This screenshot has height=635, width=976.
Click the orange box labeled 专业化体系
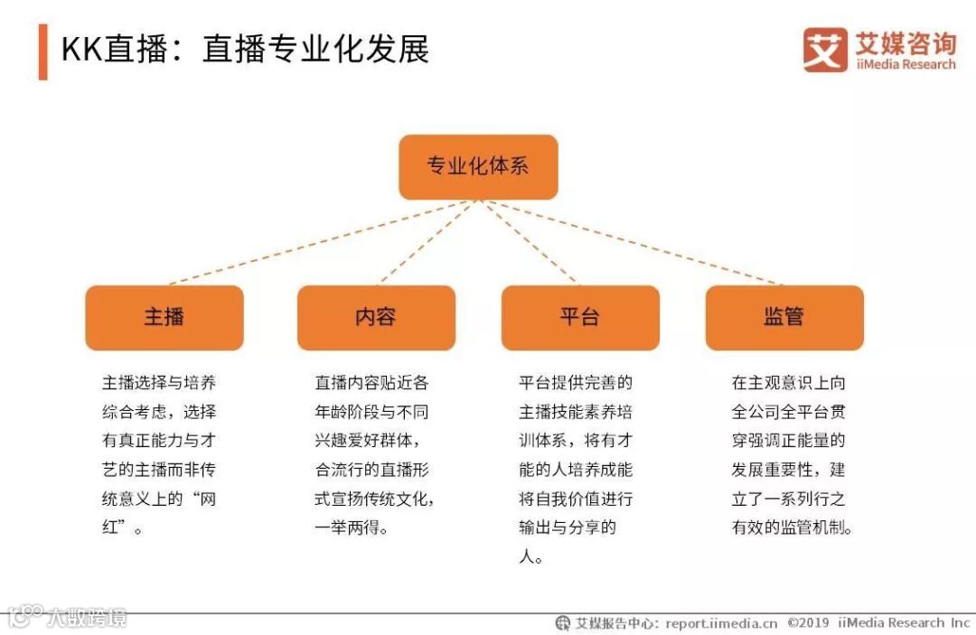tap(478, 167)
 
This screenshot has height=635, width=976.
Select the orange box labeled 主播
tap(164, 317)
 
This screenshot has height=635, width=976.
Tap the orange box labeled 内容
tap(376, 317)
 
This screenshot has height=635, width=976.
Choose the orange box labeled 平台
tap(580, 317)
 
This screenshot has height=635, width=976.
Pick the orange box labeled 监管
tap(784, 317)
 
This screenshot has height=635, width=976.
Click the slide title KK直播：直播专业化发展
tap(245, 49)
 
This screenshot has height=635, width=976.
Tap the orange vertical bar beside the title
tap(42, 51)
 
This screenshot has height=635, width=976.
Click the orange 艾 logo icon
tap(825, 50)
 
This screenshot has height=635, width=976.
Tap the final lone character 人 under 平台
tap(527, 557)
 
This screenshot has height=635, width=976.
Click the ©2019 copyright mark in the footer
tap(808, 623)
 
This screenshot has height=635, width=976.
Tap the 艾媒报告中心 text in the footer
tap(615, 623)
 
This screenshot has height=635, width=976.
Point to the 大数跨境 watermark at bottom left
tap(86, 618)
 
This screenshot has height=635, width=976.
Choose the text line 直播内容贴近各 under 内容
tap(371, 383)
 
